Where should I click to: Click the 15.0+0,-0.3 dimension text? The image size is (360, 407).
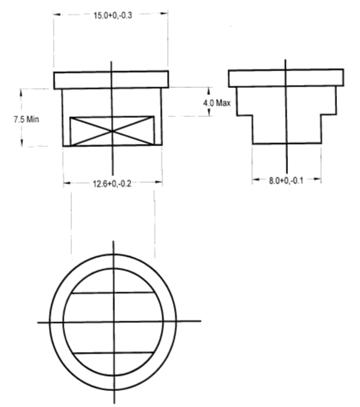(111, 15)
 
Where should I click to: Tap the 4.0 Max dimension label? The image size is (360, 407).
(217, 103)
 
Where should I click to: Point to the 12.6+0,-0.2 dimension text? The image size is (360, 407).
(113, 184)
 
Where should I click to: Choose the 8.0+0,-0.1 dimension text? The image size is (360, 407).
(286, 180)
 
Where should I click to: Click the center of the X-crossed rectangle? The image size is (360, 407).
(113, 131)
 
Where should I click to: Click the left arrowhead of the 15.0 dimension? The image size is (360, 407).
(56, 15)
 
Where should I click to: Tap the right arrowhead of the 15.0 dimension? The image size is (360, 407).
(165, 15)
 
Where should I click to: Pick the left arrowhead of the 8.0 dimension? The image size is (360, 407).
(256, 181)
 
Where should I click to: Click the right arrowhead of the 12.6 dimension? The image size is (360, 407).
(159, 184)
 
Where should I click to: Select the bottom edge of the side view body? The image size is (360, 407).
(286, 143)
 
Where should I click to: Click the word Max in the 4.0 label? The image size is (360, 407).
(223, 103)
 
